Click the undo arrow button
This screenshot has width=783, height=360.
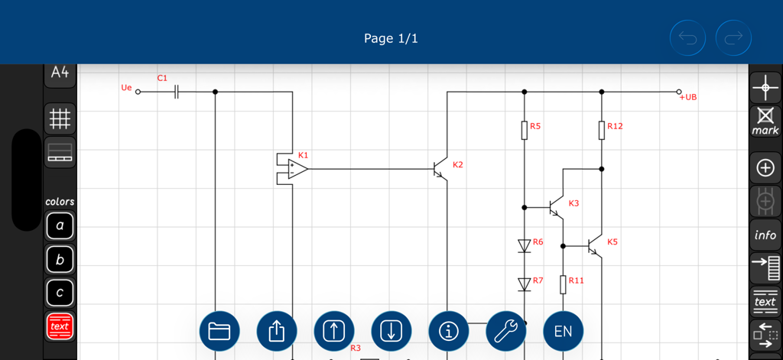tap(688, 37)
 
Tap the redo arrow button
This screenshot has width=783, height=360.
tap(733, 37)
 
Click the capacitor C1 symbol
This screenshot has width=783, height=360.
tap(177, 92)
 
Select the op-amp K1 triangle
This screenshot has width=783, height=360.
tap(297, 168)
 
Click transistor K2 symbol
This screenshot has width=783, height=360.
tap(439, 168)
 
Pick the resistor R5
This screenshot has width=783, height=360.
tap(525, 130)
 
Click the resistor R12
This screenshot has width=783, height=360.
tap(602, 130)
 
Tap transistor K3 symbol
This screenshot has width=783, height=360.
tap(556, 207)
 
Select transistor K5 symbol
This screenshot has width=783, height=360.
tap(594, 246)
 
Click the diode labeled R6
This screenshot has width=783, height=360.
tap(525, 245)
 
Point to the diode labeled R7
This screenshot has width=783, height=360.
tap(525, 284)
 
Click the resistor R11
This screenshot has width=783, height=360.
tap(563, 284)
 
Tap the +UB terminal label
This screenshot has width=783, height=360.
tap(687, 97)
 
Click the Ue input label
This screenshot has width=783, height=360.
tap(126, 88)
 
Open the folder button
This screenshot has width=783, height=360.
tap(219, 331)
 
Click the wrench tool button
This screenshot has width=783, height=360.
tap(505, 331)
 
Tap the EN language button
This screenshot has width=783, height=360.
tap(563, 331)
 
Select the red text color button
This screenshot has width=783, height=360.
tap(60, 326)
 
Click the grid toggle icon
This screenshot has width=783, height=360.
tap(60, 118)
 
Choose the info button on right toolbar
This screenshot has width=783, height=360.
tap(765, 235)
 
